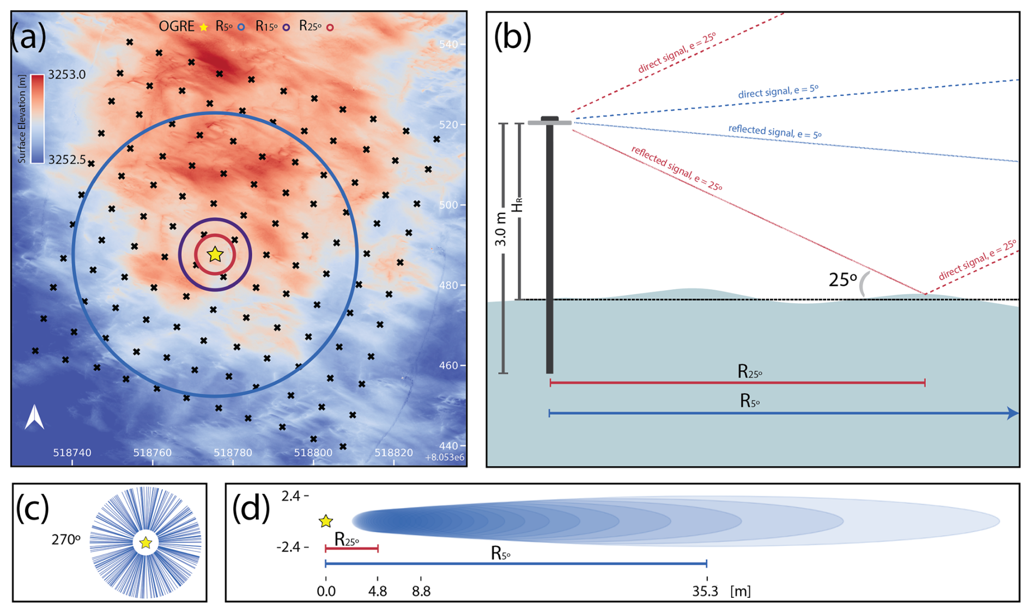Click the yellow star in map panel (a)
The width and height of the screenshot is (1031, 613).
coord(215,254)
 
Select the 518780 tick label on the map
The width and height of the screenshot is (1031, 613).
coord(233,452)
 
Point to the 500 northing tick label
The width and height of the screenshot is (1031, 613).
coord(449,205)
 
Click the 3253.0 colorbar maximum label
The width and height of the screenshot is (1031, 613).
coord(67,75)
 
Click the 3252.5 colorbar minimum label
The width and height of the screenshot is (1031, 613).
coord(67,160)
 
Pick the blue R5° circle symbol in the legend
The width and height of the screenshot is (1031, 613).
coord(241,27)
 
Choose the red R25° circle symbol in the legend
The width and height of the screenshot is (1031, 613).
coord(330,27)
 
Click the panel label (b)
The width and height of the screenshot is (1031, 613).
coord(512,36)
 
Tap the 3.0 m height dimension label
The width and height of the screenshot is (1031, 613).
coord(501,229)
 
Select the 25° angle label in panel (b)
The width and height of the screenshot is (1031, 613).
coord(842,280)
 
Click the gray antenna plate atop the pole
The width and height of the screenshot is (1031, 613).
coord(549,122)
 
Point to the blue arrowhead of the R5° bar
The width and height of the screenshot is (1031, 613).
coord(1012,414)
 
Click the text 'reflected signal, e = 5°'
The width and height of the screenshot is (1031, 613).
coord(774,131)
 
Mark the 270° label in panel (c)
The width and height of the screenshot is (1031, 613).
coord(66,540)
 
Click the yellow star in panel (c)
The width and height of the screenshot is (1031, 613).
coord(145,543)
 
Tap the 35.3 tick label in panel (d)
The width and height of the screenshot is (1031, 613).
coord(705,592)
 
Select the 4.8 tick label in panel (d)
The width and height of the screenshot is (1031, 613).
coord(377,592)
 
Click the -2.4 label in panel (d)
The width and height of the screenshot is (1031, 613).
coord(288,547)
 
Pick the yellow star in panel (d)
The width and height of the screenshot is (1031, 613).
coord(326,522)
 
